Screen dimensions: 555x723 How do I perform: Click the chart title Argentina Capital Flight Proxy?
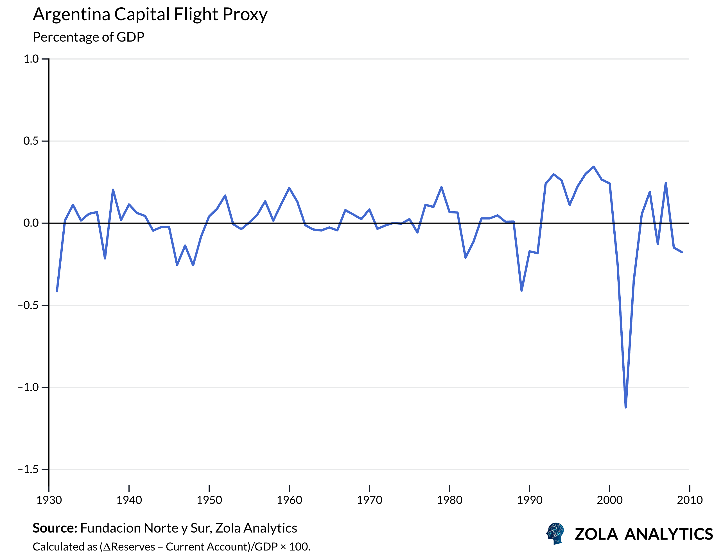pos(150,15)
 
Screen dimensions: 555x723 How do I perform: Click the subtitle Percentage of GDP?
pos(88,37)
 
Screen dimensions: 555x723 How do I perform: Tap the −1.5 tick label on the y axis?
pos(28,469)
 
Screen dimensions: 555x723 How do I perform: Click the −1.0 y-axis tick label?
pos(28,387)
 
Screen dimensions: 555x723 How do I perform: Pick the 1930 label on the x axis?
pos(49,501)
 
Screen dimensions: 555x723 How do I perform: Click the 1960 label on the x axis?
pos(289,501)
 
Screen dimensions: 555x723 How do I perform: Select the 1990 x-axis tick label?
pos(530,501)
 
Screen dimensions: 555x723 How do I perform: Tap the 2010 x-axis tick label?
pos(690,501)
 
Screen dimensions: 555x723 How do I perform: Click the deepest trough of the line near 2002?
pos(626,407)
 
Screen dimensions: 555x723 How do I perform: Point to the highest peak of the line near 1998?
pos(594,167)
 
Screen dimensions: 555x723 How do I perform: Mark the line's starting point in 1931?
pos(57,291)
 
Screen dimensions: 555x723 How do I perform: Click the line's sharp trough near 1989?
pos(522,291)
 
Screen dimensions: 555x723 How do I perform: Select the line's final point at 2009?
pos(682,252)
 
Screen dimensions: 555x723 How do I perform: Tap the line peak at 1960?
pos(289,188)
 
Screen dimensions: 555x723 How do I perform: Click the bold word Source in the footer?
pos(55,528)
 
